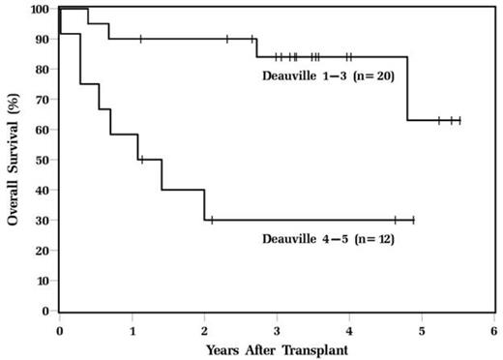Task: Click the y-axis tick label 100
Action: coord(40,10)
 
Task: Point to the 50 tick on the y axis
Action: coord(43,161)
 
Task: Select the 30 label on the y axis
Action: coord(43,221)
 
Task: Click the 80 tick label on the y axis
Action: coord(43,70)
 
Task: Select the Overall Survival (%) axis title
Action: coord(15,160)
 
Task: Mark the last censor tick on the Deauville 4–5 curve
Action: coord(413,221)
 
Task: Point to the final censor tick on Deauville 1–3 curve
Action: coord(459,121)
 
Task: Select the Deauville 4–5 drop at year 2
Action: coord(204,205)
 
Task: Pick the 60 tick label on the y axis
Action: coord(43,130)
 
